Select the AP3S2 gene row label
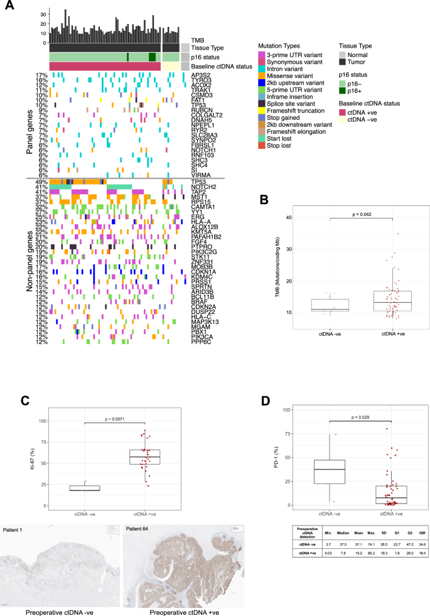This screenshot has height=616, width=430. [201, 75]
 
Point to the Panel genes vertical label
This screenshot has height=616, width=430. [29, 123]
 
